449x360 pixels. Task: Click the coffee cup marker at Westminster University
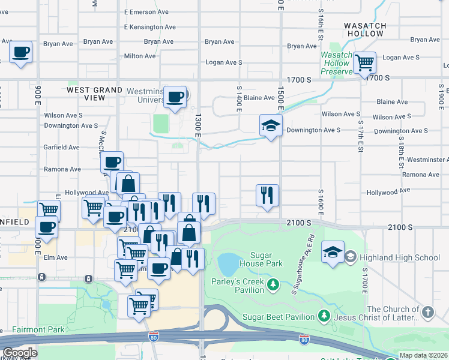click(175, 97)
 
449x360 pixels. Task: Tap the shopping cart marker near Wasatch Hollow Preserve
click(364, 62)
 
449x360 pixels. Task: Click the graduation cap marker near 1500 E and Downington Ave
click(271, 126)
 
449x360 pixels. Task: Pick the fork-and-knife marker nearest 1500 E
click(267, 196)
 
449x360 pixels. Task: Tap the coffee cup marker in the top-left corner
click(20, 52)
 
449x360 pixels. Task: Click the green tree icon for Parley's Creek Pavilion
click(274, 283)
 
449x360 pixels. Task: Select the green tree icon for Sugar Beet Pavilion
click(324, 316)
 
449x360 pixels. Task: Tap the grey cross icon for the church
click(427, 312)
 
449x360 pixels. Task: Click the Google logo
click(20, 353)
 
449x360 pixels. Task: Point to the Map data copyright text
click(424, 355)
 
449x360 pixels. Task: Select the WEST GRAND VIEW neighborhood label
click(95, 94)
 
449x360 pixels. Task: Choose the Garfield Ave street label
click(61, 147)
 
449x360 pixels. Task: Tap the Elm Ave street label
click(55, 257)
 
